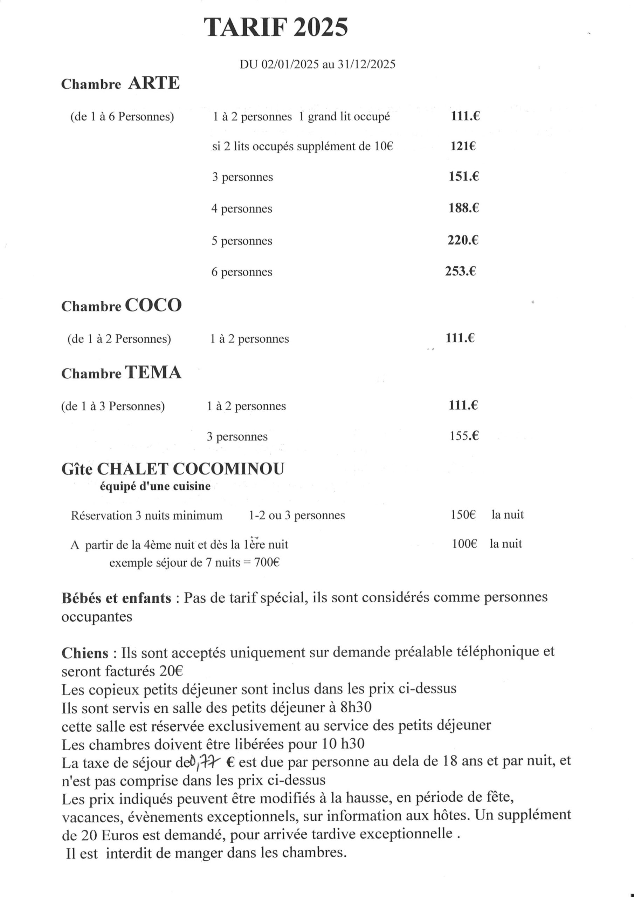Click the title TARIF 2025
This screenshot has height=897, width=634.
(x=276, y=28)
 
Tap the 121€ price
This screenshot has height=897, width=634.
(x=463, y=146)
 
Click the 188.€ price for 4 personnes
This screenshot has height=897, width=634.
(x=464, y=208)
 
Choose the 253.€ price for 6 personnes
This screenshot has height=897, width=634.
(x=461, y=271)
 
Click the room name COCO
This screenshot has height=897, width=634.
(x=153, y=305)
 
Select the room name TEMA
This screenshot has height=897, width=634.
(x=153, y=373)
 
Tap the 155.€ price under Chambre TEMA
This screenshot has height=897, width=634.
(x=464, y=436)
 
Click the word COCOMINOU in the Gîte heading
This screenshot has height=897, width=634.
(x=228, y=469)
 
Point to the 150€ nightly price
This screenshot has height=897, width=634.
(x=463, y=514)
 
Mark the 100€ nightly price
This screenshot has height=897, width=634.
(x=464, y=543)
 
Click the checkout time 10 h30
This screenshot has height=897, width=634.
(x=343, y=744)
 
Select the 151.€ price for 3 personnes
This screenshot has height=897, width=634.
(x=464, y=177)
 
